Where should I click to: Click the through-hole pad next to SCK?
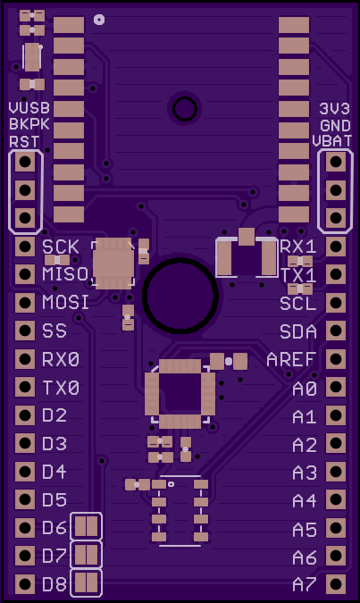tap(25, 247)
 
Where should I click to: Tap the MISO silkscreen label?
tap(65, 274)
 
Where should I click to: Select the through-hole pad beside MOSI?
tap(25, 303)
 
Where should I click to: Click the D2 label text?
tap(54, 415)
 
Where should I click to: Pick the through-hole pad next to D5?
tap(25, 499)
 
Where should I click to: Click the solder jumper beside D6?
tap(86, 526)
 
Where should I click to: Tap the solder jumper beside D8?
tap(86, 582)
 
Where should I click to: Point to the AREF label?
tap(291, 360)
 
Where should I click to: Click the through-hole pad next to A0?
tap(336, 387)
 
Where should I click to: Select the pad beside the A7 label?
tap(336, 584)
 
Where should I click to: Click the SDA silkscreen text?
tap(298, 331)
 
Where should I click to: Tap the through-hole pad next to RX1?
tap(336, 247)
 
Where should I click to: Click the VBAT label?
tap(332, 141)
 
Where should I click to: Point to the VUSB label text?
tap(29, 108)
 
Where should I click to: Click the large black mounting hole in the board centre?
tap(180, 296)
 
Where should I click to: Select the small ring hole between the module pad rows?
tap(185, 109)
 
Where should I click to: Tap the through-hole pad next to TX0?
tap(25, 387)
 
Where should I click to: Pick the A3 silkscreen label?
tap(305, 473)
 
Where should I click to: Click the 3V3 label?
tap(335, 109)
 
